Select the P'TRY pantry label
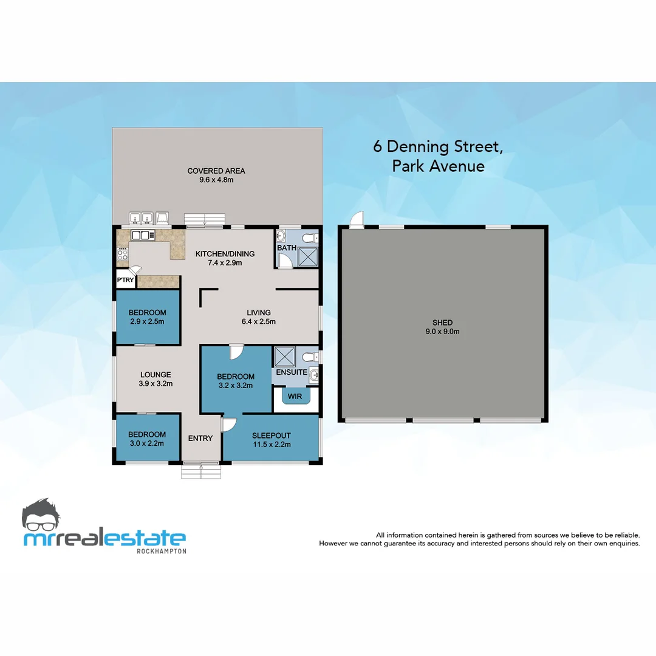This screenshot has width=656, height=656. point(125,280)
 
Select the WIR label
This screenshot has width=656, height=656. point(295,397)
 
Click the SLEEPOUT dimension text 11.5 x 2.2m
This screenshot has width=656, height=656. point(272,445)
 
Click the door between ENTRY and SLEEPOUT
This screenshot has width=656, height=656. point(228,425)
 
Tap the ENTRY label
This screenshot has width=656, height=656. point(200,439)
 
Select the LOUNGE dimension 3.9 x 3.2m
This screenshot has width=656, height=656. point(156,384)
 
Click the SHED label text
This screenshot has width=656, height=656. point(442,323)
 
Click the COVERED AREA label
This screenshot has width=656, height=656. point(216,171)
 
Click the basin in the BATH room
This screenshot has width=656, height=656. point(282,236)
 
